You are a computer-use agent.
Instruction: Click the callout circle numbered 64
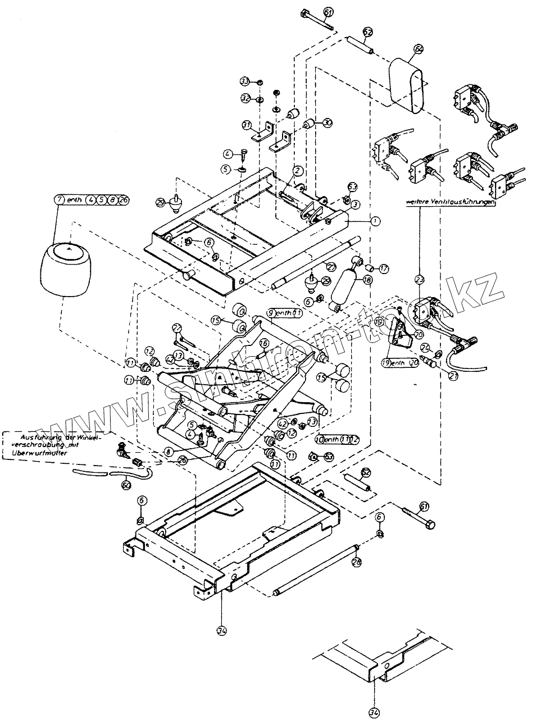(418, 49)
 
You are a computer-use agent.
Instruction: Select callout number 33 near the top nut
(246, 82)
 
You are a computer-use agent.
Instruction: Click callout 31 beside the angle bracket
(247, 124)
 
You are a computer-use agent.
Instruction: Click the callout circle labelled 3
(356, 206)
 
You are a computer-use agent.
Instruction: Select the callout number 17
(384, 268)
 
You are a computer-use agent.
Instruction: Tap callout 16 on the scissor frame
(265, 343)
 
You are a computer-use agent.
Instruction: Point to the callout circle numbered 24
(425, 347)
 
